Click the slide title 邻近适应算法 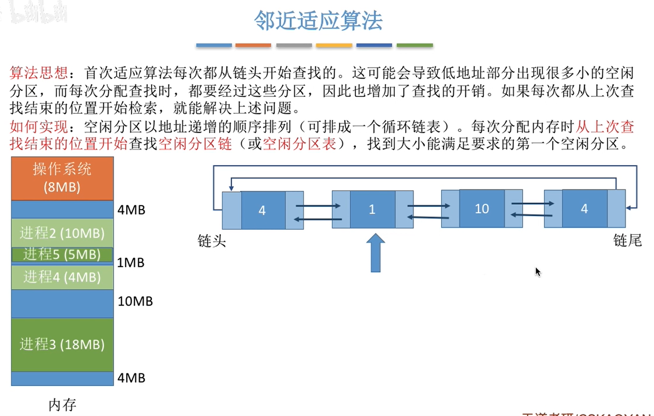click(x=318, y=21)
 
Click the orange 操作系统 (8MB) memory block click(x=62, y=178)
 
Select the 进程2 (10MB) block click(x=62, y=233)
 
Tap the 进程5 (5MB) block click(x=62, y=254)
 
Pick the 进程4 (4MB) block click(x=62, y=277)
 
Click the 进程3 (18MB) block click(x=62, y=344)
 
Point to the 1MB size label click(x=131, y=263)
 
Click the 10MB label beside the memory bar click(x=135, y=301)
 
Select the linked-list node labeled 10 click(x=482, y=209)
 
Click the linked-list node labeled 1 click(x=372, y=209)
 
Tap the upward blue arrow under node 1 click(x=375, y=253)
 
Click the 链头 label click(x=212, y=241)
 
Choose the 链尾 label click(x=627, y=240)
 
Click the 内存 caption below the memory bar click(x=62, y=405)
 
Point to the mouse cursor click(x=538, y=272)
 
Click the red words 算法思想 click(x=39, y=73)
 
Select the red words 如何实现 click(x=39, y=126)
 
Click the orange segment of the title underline click(x=253, y=45)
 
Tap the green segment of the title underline click(x=415, y=45)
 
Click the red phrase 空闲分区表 click(x=299, y=144)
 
